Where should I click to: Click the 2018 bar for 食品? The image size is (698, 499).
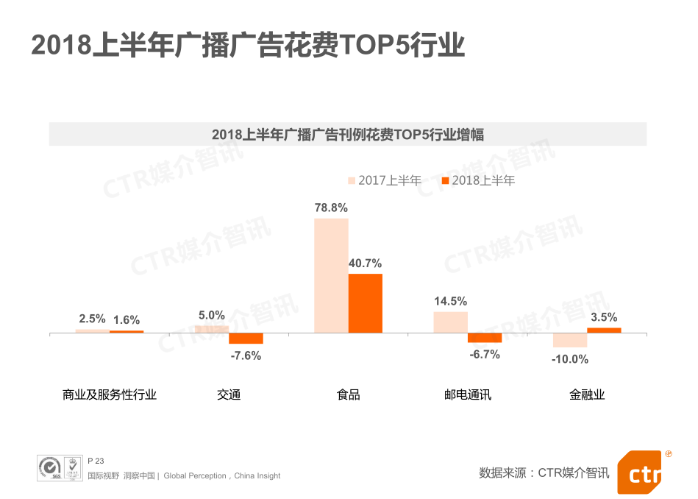365,303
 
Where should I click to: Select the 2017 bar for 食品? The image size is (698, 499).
331,275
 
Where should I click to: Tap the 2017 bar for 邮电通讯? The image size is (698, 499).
450,322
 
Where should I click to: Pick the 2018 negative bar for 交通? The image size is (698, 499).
246,339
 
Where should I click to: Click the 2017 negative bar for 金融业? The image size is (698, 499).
570,340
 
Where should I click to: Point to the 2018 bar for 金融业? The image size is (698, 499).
604,330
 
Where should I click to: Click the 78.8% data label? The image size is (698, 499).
331,208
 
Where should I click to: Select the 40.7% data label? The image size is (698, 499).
365,263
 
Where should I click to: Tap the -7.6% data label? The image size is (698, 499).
246,355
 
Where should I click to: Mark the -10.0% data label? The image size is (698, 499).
570,359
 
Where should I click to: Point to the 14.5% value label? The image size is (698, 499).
450,301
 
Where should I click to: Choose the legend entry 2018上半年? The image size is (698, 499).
477,180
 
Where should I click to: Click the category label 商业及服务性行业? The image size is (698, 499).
110,394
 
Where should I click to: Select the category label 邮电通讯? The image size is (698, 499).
468,394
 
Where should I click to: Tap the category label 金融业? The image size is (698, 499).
587,394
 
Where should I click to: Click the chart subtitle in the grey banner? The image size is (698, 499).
348,135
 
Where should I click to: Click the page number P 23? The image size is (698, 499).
96,461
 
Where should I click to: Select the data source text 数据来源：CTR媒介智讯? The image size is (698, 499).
544,473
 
